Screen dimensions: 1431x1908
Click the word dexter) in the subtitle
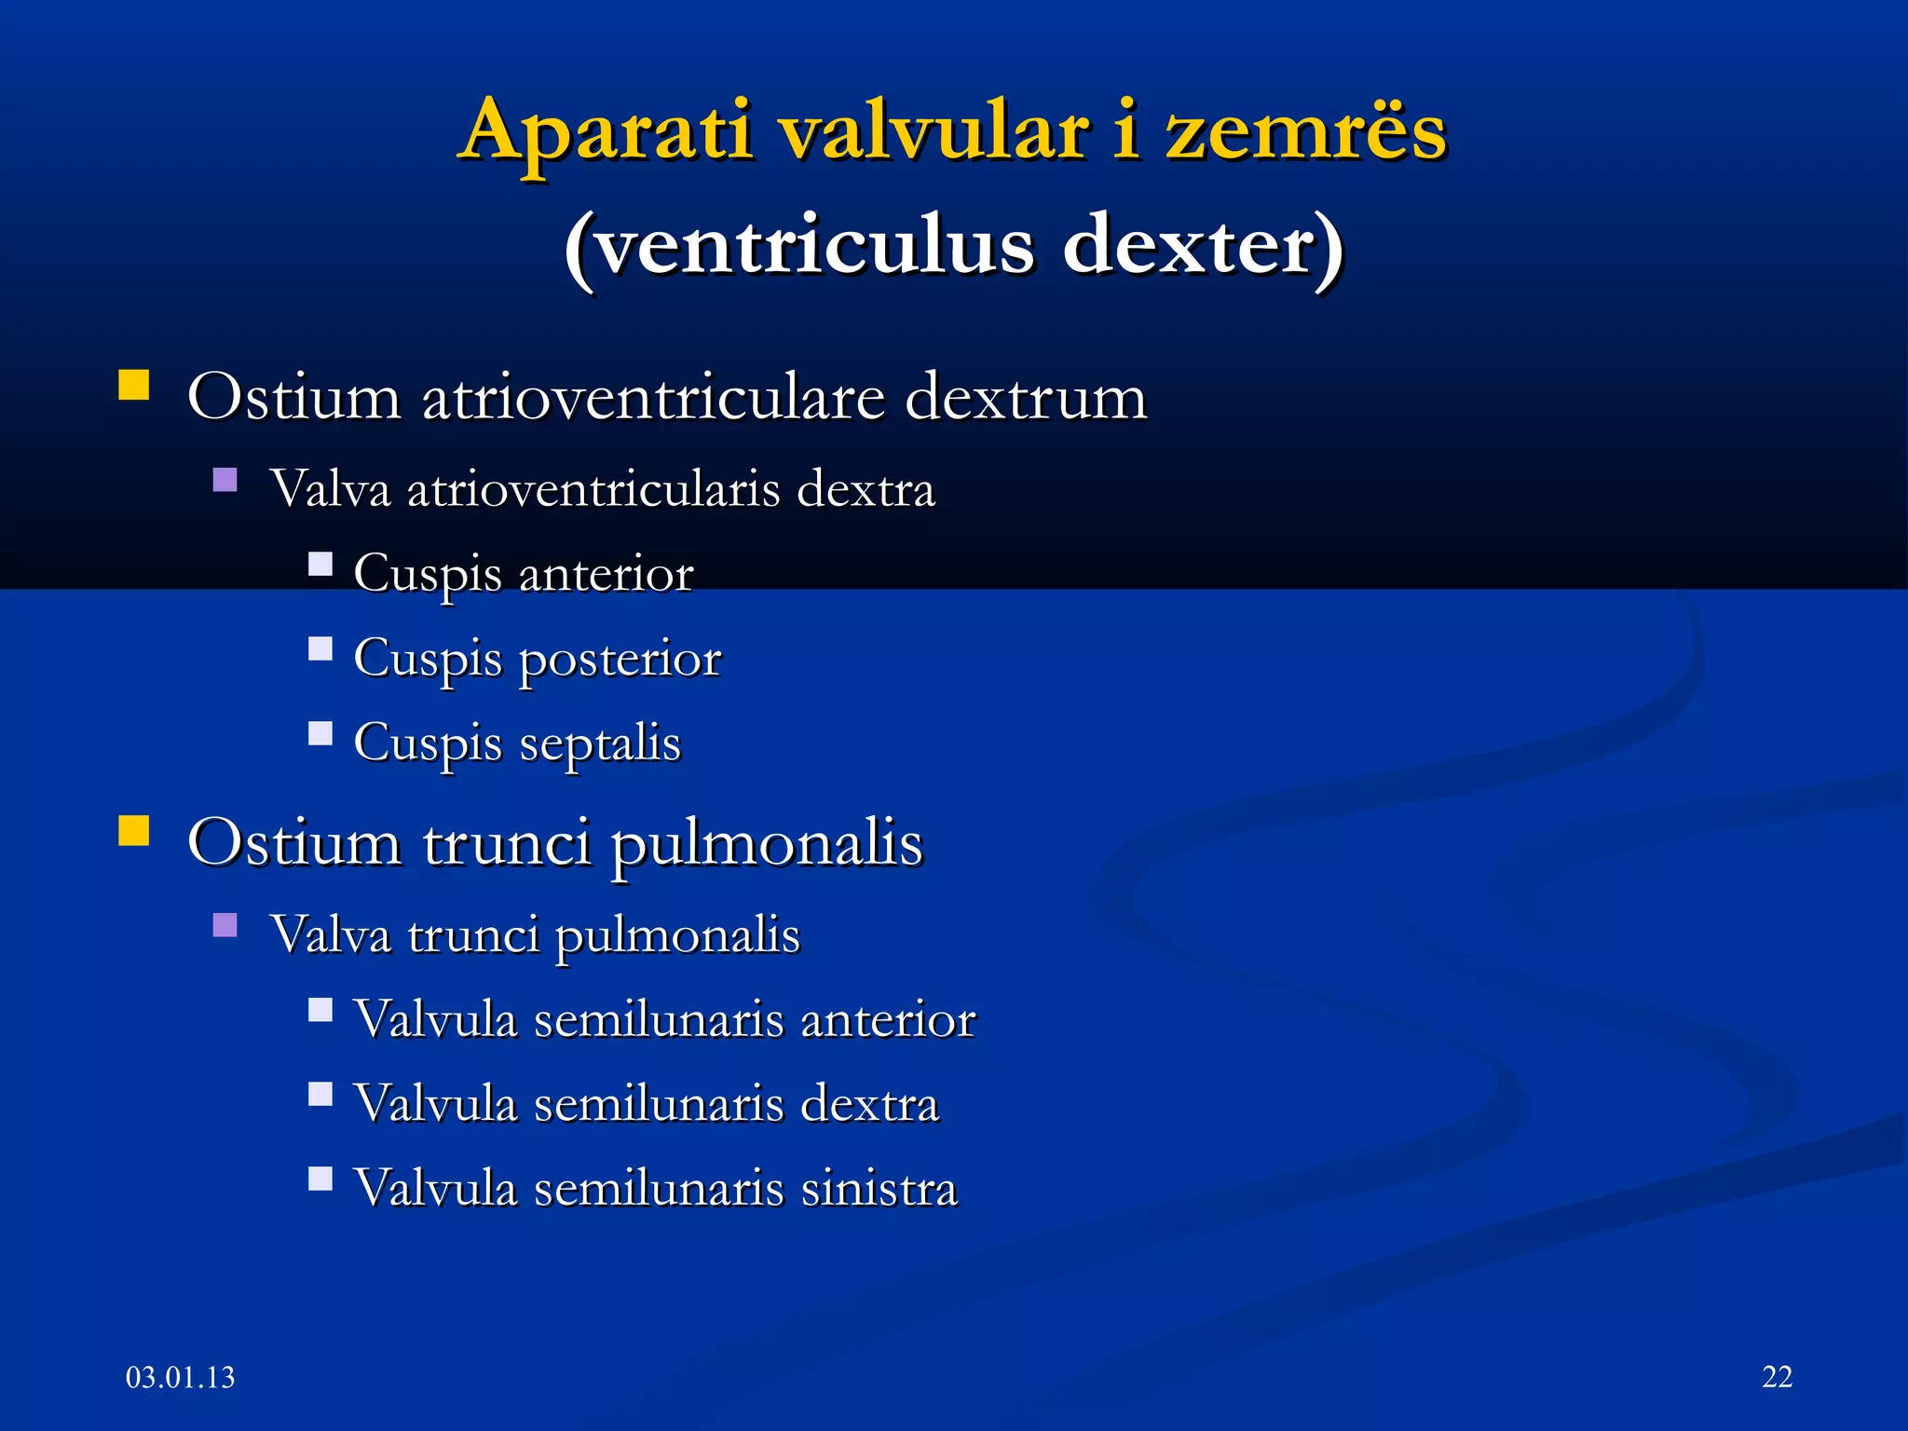pos(1203,246)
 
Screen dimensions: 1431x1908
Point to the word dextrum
pos(1026,398)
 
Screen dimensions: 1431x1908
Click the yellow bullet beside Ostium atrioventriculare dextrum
pos(134,386)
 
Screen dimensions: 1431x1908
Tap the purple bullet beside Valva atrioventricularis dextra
pos(225,480)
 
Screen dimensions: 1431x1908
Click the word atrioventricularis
pos(593,489)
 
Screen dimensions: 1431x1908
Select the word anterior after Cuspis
pos(606,574)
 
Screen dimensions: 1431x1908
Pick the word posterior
pos(620,659)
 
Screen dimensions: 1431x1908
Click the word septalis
pos(600,743)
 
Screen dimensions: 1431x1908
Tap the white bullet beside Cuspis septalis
pos(320,734)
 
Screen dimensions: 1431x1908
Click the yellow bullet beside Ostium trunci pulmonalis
pos(134,830)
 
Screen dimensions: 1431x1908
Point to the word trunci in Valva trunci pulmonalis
pos(473,934)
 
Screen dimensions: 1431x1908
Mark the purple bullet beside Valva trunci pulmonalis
pos(225,925)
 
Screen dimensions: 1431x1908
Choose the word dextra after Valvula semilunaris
pos(869,1104)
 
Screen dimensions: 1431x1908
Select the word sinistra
pos(879,1189)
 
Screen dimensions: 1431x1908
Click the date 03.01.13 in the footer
pos(181,1377)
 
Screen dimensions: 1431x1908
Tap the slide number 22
pos(1777,1377)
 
